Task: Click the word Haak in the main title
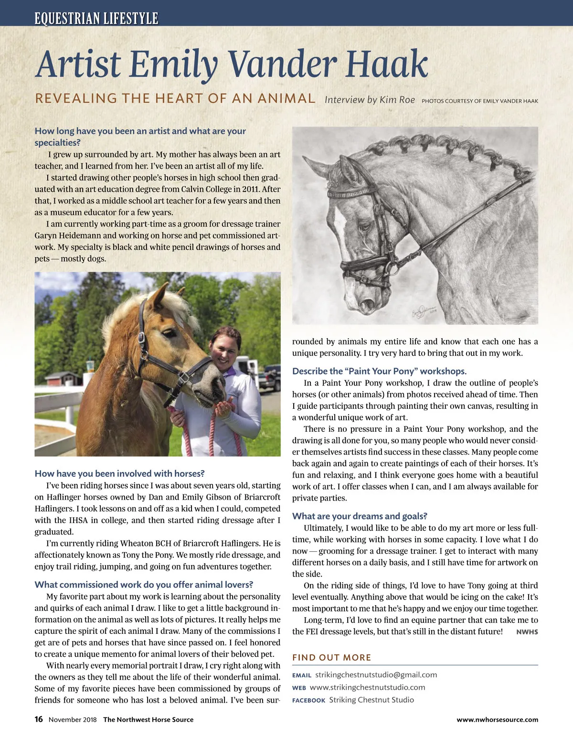(387, 64)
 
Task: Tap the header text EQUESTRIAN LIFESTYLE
(96, 19)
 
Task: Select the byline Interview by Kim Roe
(370, 100)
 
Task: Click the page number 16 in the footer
(39, 719)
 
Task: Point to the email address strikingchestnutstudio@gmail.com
(376, 675)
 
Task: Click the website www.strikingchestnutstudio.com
(367, 687)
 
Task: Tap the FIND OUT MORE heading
(331, 657)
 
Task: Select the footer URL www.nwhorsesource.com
(497, 720)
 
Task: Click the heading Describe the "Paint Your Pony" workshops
(379, 371)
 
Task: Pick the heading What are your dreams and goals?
(360, 516)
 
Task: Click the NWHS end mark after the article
(527, 632)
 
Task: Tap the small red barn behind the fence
(63, 378)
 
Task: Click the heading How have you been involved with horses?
(119, 473)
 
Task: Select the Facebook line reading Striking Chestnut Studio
(371, 700)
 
